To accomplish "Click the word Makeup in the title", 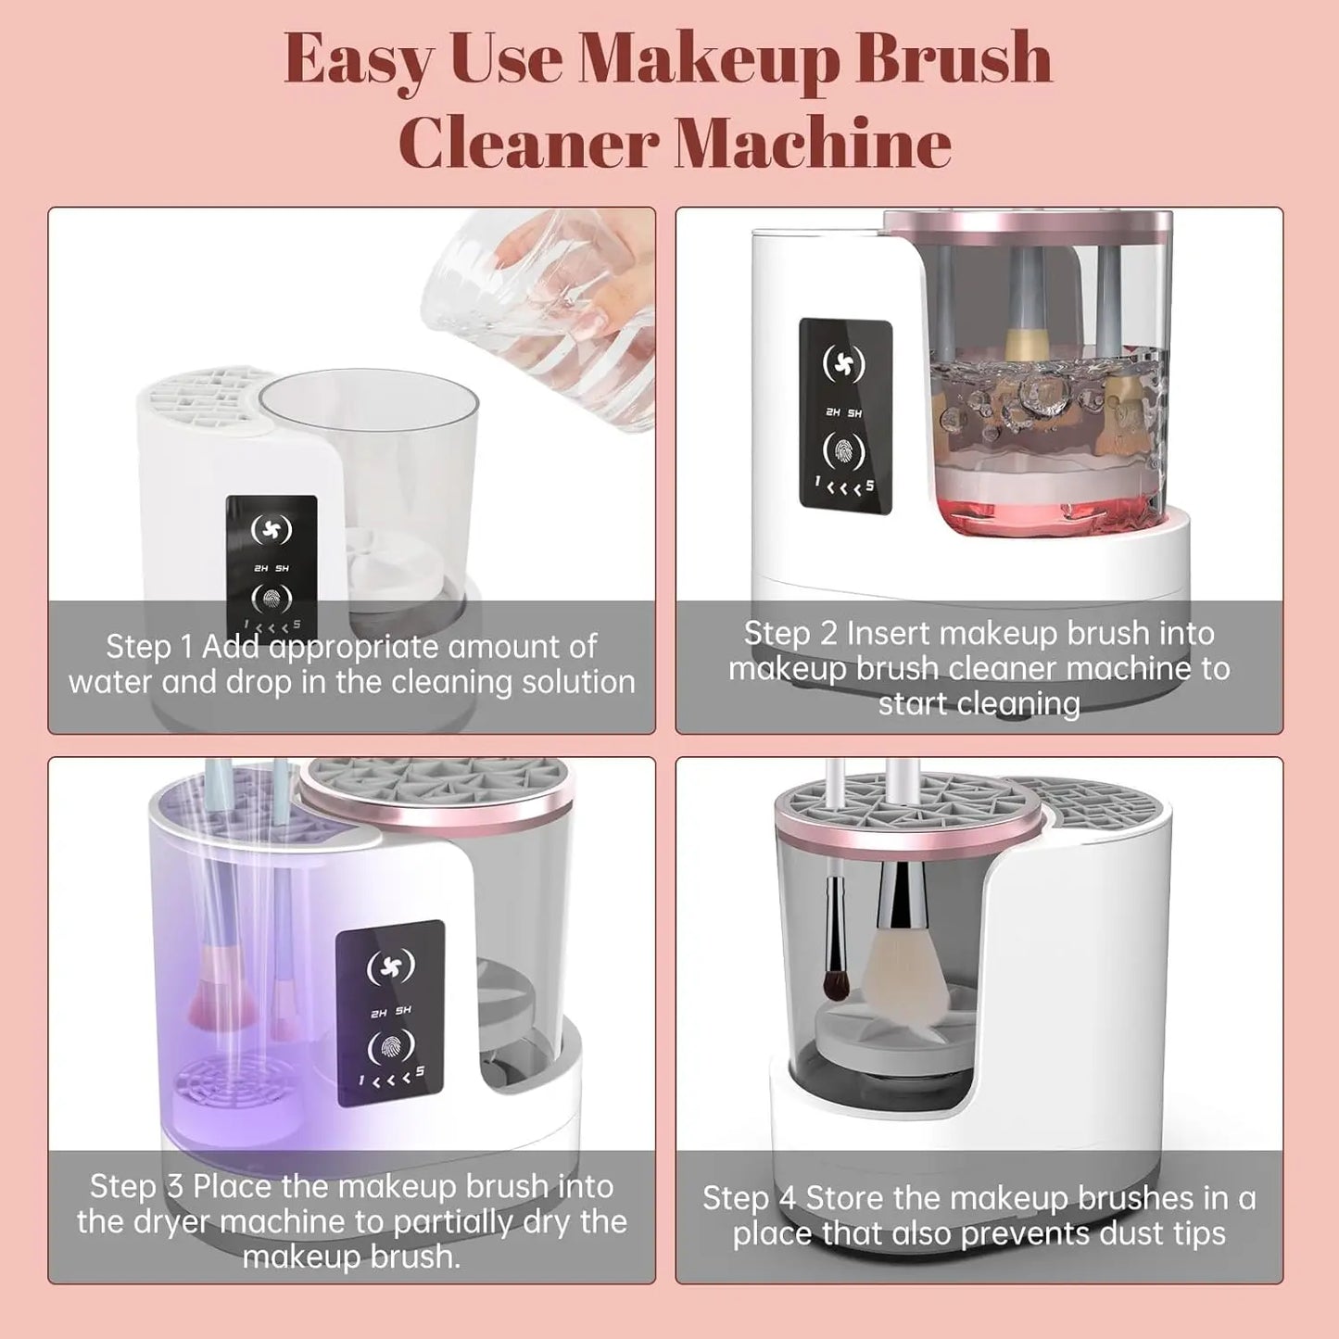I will point(709,60).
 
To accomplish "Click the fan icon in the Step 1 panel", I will point(272,530).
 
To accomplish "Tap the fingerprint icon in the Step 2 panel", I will point(844,451).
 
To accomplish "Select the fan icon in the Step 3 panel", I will point(390,967).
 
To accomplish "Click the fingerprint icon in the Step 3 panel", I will point(390,1047).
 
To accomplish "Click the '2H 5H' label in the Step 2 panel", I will point(843,412).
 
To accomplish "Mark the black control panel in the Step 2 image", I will point(845,416).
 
